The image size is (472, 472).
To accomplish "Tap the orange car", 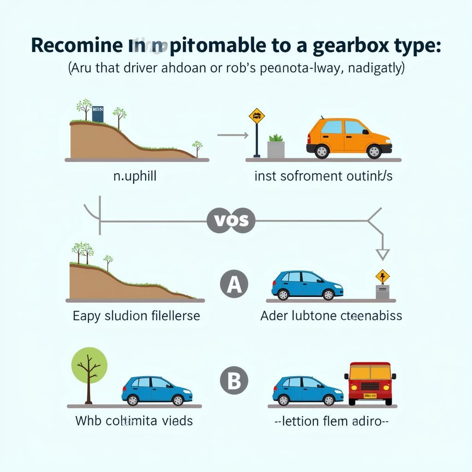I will click(348, 137).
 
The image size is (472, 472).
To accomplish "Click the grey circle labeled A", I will click(234, 284).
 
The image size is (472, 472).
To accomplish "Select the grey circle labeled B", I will click(234, 381).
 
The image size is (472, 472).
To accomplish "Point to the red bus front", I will click(370, 383).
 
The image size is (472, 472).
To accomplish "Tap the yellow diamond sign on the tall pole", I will click(257, 115).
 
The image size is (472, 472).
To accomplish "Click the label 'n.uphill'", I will click(135, 177).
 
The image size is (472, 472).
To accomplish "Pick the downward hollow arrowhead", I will click(383, 254).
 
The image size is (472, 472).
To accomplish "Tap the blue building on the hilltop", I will click(98, 114).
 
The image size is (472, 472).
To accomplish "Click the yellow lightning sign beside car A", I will click(383, 277).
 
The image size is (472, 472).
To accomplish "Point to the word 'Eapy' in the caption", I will click(88, 316).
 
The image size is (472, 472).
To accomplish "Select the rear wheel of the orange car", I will click(321, 151).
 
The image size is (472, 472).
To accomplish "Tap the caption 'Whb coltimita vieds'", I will click(134, 420).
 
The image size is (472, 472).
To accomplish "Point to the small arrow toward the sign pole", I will click(233, 135).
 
